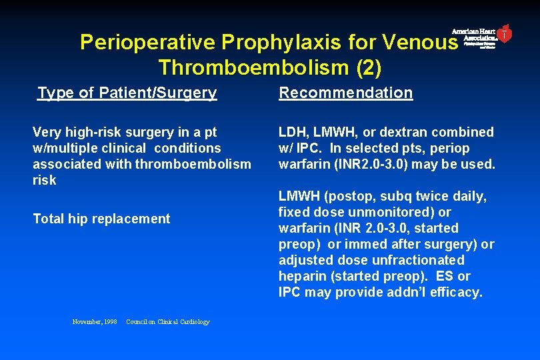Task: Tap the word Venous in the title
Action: pyautogui.click(x=421, y=43)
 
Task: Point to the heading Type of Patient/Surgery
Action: pyautogui.click(x=127, y=93)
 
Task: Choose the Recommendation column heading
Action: pyautogui.click(x=345, y=93)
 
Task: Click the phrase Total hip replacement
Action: pyautogui.click(x=101, y=219)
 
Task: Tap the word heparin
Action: pyautogui.click(x=301, y=276)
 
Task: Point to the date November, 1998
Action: pyautogui.click(x=94, y=322)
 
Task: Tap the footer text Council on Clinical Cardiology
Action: pyautogui.click(x=167, y=322)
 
